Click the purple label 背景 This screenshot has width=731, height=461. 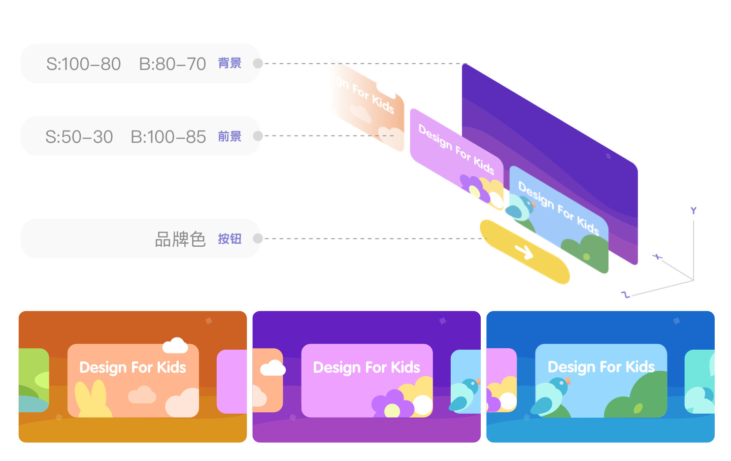tap(230, 63)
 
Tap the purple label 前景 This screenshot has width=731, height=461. tap(230, 136)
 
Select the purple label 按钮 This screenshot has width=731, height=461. tap(230, 239)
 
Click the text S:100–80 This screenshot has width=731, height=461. tap(83, 64)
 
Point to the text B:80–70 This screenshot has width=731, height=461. tap(172, 64)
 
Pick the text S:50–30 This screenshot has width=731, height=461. tap(79, 137)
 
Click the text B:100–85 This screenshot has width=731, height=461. tap(168, 137)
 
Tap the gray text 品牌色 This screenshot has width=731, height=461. tap(180, 239)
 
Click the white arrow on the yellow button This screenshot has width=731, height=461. tap(524, 252)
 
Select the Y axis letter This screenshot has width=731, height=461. tap(694, 211)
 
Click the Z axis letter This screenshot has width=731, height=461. tap(626, 295)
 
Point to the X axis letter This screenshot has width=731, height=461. tap(658, 257)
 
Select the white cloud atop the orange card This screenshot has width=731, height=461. tap(175, 345)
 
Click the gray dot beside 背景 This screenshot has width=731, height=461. tap(258, 64)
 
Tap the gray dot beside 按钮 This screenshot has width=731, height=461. tap(258, 239)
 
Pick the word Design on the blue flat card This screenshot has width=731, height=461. tap(571, 367)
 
